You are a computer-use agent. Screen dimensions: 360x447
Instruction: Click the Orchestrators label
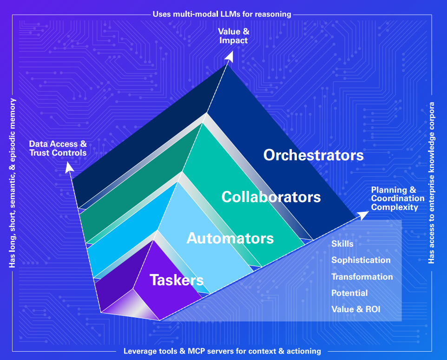[x=313, y=155]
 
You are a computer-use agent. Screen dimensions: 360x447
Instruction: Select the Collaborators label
[x=271, y=196]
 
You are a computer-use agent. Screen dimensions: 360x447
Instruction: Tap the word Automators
[x=230, y=238]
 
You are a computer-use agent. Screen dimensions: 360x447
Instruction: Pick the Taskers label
[x=177, y=280]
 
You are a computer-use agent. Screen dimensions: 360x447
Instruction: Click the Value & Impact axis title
[x=234, y=36]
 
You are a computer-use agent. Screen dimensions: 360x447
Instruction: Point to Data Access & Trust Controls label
[x=58, y=148]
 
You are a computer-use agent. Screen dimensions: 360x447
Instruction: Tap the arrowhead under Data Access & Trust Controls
[x=69, y=165]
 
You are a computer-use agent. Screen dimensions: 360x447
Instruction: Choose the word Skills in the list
[x=342, y=244]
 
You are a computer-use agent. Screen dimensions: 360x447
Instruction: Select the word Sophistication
[x=361, y=260]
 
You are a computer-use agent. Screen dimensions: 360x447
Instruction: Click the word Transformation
[x=362, y=277]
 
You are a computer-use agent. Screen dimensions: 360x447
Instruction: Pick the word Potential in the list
[x=349, y=293]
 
